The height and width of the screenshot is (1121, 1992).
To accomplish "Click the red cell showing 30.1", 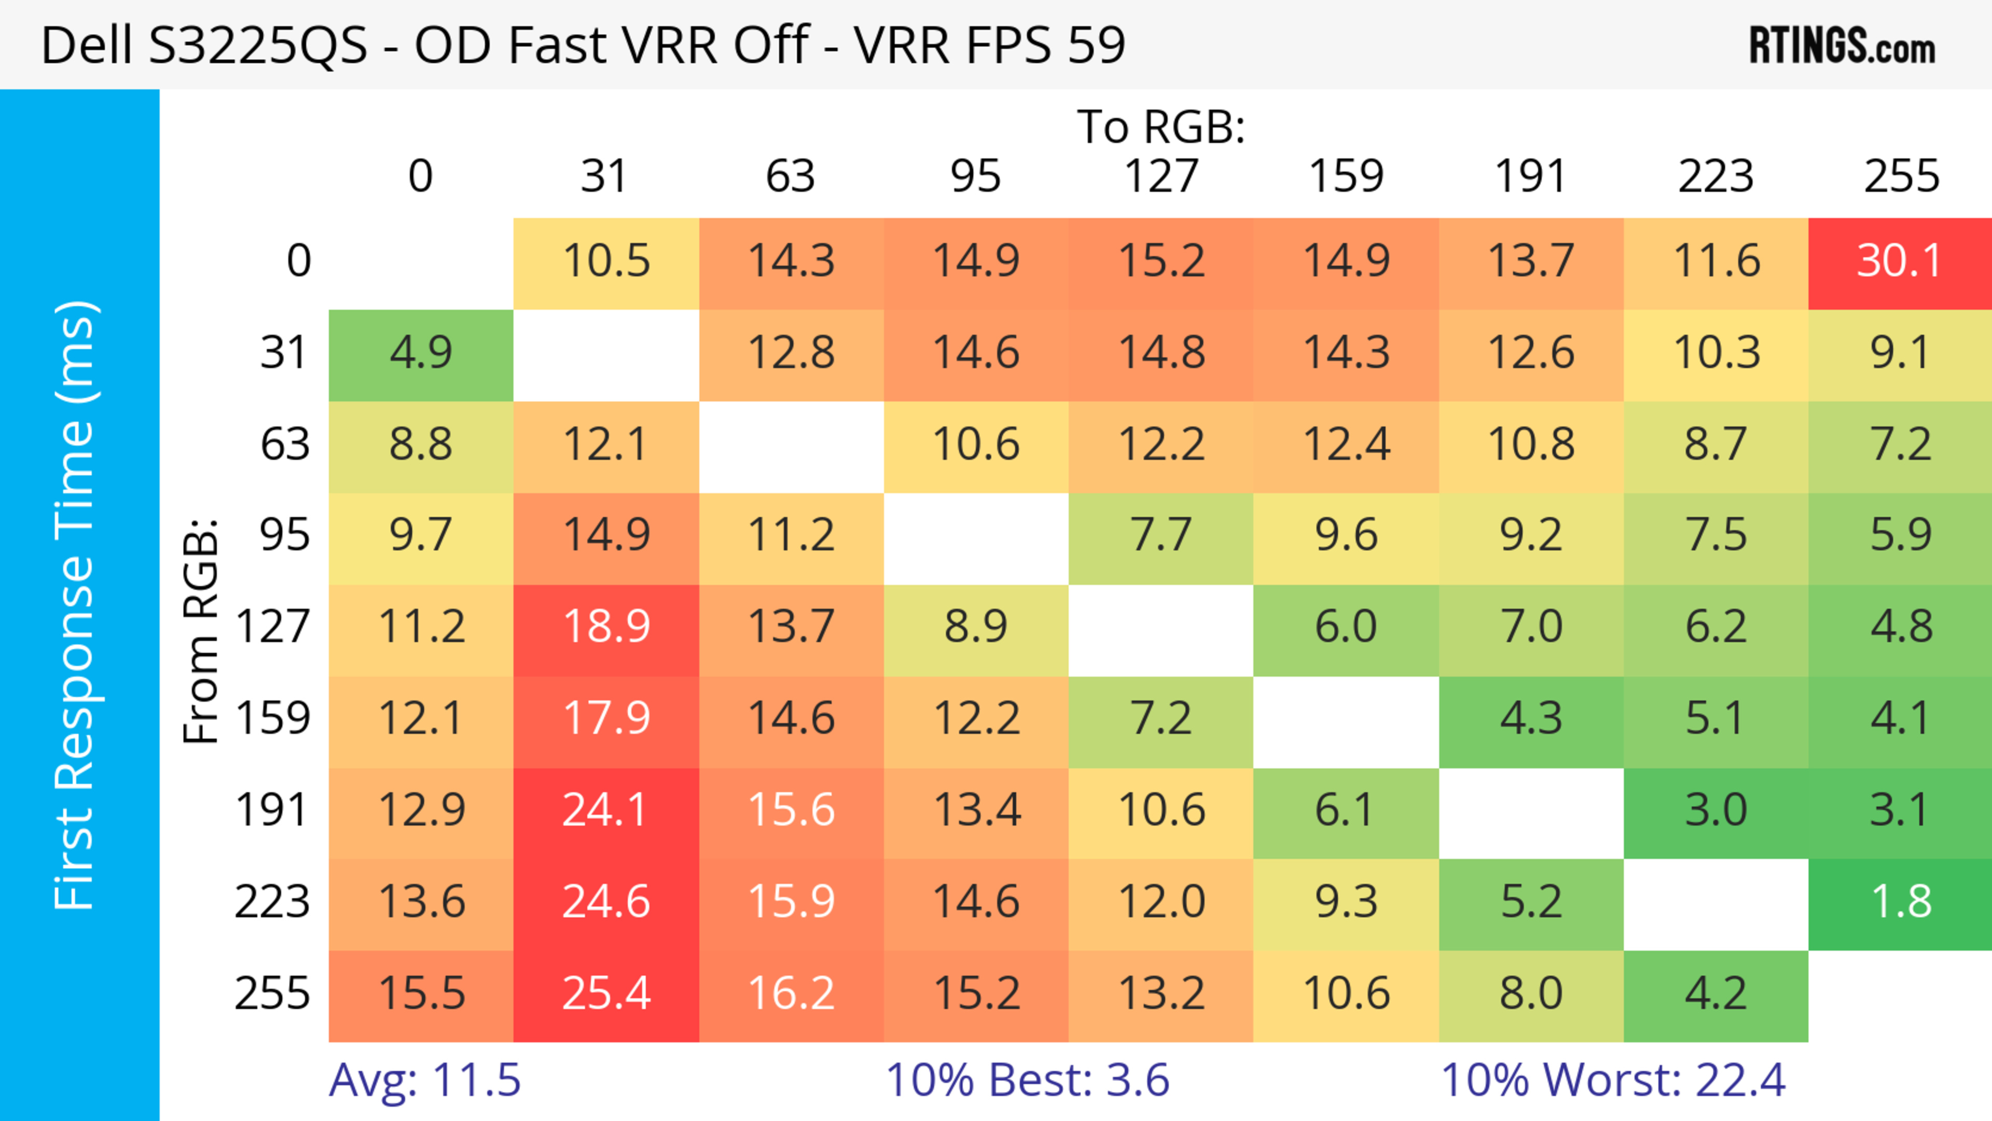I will (x=1900, y=262).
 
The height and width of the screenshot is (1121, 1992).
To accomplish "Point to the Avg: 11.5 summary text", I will (x=424, y=1080).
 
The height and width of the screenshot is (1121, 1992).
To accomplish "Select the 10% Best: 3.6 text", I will (x=1027, y=1080).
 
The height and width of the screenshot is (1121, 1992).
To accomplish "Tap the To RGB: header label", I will (x=1161, y=127).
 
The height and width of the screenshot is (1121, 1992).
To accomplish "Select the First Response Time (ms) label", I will (x=75, y=604).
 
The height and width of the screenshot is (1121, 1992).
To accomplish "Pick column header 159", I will (x=1346, y=176).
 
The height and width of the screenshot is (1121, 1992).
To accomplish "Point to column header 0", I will (x=421, y=176).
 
